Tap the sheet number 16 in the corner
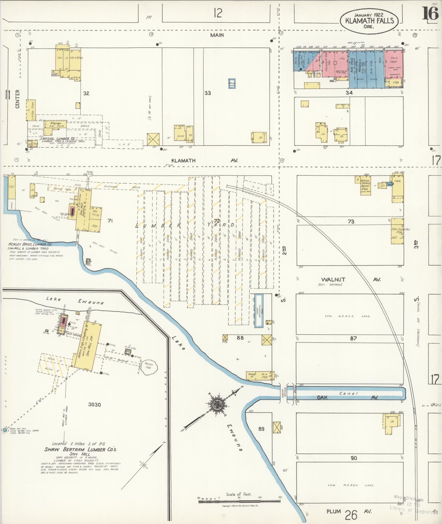coord(430,14)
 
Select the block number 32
coord(86,93)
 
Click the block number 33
coord(208,93)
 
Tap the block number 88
coord(240,338)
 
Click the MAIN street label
coord(217,35)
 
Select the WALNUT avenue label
coord(333,280)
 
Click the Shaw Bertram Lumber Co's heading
coord(81,450)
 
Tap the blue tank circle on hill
coord(4,431)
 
